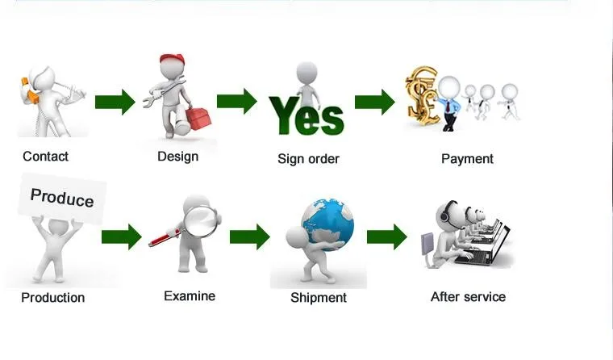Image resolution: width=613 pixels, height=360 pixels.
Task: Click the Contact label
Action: tap(45, 157)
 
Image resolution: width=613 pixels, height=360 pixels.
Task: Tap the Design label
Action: tap(177, 156)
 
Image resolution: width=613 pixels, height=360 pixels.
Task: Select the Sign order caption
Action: tap(308, 159)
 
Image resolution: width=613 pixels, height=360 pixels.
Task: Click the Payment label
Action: tap(467, 159)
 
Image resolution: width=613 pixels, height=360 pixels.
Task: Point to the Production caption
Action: tap(52, 298)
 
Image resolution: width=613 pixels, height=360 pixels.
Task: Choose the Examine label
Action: tap(190, 296)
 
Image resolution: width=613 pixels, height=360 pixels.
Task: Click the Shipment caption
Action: tap(319, 298)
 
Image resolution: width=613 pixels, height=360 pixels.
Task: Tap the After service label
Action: tap(468, 297)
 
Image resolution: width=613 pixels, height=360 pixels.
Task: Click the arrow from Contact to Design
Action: tap(115, 103)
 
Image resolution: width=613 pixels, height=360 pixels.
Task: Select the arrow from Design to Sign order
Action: tap(236, 102)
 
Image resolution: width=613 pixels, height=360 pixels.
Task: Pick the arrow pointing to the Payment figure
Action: tap(374, 103)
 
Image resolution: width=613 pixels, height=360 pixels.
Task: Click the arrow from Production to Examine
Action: tap(121, 237)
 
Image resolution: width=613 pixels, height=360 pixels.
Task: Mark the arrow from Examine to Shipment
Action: tap(249, 237)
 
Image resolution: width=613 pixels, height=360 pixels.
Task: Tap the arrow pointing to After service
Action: tap(387, 237)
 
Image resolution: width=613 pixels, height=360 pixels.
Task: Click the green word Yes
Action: tap(306, 116)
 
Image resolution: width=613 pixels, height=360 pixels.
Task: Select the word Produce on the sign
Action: tap(62, 198)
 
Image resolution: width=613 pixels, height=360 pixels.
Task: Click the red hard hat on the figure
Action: tap(172, 61)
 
